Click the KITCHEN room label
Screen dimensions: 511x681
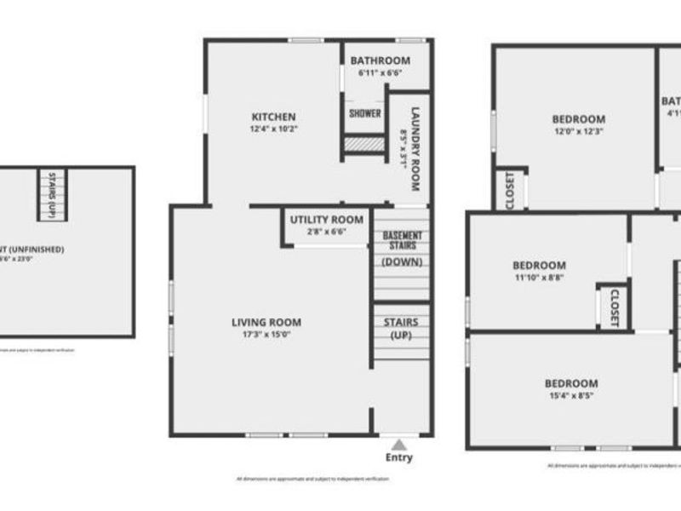point(272,117)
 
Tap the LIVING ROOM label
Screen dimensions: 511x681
point(266,322)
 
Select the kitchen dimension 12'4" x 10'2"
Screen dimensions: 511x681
point(273,129)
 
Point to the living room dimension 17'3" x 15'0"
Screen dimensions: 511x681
point(266,335)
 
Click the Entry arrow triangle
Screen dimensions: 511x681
point(398,444)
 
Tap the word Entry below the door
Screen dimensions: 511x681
point(398,458)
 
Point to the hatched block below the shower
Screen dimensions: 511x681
point(364,145)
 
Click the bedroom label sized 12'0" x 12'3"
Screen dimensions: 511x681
point(578,119)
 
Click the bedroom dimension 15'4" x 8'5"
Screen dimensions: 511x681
point(571,396)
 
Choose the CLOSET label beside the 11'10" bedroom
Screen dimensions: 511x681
point(613,307)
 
